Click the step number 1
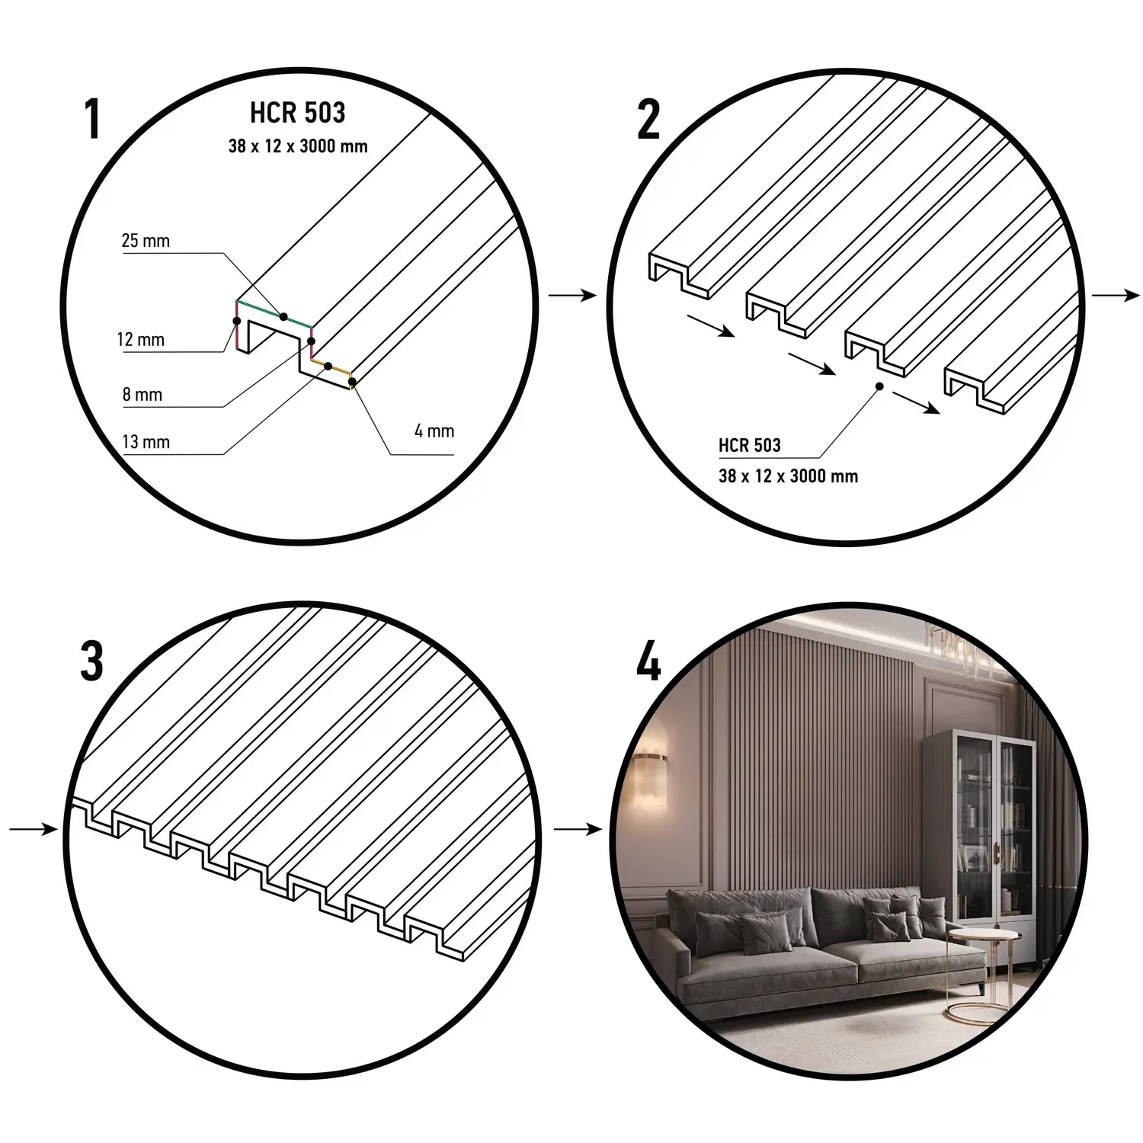click(x=92, y=120)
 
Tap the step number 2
click(x=648, y=120)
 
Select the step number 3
click(x=91, y=661)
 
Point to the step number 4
click(x=648, y=661)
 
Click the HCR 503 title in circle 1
click(x=297, y=113)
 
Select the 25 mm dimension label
click(x=146, y=241)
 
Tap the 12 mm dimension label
click(x=141, y=339)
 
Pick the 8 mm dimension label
click(x=142, y=395)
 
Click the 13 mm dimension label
click(x=146, y=442)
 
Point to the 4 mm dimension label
click(x=434, y=431)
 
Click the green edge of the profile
click(x=274, y=314)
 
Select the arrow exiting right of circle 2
click(x=1116, y=296)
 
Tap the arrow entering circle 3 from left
click(x=34, y=828)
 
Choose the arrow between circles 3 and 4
click(x=578, y=828)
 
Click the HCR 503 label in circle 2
click(x=750, y=446)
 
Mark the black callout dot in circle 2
click(x=879, y=386)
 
